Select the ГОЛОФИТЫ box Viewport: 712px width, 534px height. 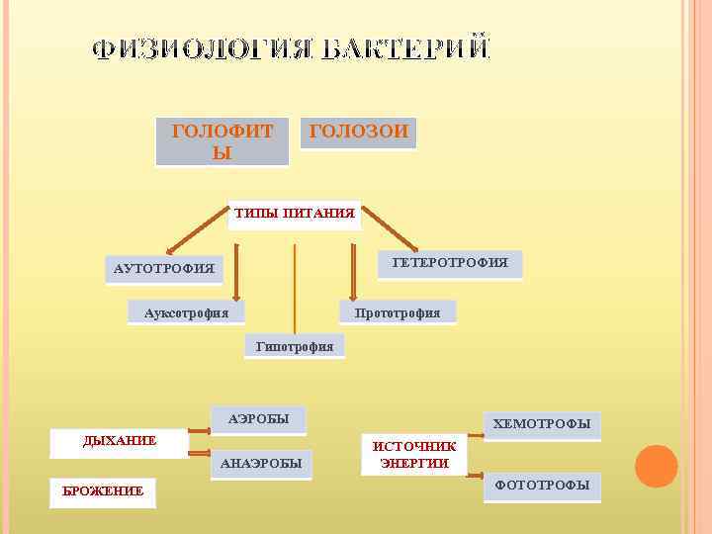tap(222, 141)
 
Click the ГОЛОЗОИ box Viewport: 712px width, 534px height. tap(358, 133)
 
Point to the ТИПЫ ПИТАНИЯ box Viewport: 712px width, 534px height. tap(294, 214)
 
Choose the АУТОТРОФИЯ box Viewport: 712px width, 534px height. tap(164, 269)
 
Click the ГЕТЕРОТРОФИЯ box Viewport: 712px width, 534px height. tap(450, 263)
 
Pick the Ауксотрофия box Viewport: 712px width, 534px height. tap(186, 312)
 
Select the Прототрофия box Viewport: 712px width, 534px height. tap(398, 312)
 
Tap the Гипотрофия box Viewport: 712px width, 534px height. tap(295, 345)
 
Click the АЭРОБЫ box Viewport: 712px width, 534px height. tap(258, 419)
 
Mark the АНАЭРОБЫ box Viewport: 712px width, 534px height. tap(261, 464)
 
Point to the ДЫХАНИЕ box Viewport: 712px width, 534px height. tap(120, 441)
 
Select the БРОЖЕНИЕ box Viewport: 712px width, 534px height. tap(103, 490)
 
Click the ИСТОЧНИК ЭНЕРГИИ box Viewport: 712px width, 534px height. tap(414, 455)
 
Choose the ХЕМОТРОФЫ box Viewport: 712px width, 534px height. tap(541, 425)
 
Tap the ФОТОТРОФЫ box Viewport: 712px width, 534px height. tap(541, 485)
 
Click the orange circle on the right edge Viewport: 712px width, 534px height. tap(657, 466)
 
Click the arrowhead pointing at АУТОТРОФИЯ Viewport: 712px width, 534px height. tap(170, 251)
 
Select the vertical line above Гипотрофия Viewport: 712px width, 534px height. tap(295, 287)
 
